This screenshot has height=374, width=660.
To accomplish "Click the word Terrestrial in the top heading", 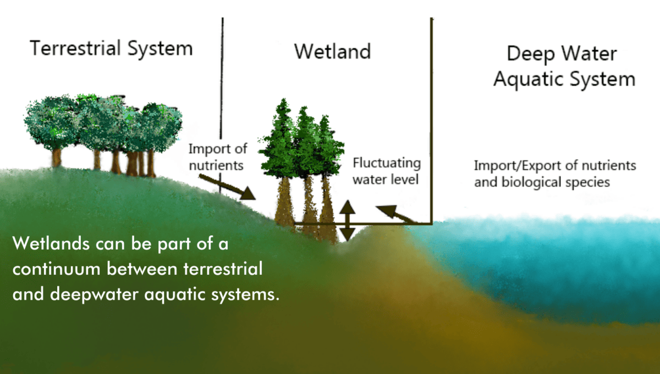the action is coord(75,48).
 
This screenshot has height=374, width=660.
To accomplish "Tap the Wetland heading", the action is coord(332,52).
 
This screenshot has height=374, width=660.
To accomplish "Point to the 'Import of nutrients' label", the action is coord(218,157).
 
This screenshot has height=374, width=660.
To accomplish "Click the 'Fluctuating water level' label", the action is coord(387,171).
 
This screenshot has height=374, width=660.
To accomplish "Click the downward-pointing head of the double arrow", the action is coord(348,235).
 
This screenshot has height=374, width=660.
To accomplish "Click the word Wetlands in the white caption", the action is coord(51,244).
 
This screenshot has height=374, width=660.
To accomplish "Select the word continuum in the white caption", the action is coord(57,269).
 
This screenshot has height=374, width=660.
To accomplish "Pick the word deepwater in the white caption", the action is coord(94,295).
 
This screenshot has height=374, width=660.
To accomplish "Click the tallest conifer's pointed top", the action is coord(284,100).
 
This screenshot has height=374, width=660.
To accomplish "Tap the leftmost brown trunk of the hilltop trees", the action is coord(56,158).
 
